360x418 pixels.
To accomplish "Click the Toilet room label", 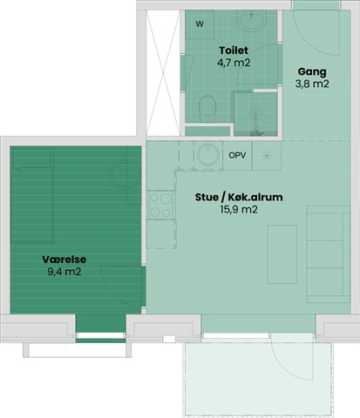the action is pos(234,51).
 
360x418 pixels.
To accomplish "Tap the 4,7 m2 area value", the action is pos(234,63).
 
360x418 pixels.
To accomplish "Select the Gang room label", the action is pos(312,72).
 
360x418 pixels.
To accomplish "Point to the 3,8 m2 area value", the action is pos(312,84).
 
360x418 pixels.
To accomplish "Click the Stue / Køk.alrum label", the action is pos(239,197).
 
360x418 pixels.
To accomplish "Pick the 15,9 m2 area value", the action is pos(239,210).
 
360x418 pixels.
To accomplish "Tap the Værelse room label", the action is pos(65,260).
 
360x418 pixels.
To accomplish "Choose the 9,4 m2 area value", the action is pos(65,272).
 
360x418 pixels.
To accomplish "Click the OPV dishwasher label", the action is pos(237,155).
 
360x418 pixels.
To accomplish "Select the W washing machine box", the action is pos(200,24).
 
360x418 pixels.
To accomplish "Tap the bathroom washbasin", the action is pos(251,20).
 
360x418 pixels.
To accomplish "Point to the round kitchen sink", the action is pos(208,155).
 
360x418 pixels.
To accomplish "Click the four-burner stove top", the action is pos(160,205).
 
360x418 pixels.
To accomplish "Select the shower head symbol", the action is pos(256,114).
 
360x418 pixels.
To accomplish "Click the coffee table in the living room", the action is pos(282,254).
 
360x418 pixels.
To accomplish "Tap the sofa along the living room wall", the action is pos(328,254).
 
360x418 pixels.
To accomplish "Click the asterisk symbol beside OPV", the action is pos(266,156).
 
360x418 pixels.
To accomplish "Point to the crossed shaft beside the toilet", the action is pos(163,73).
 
